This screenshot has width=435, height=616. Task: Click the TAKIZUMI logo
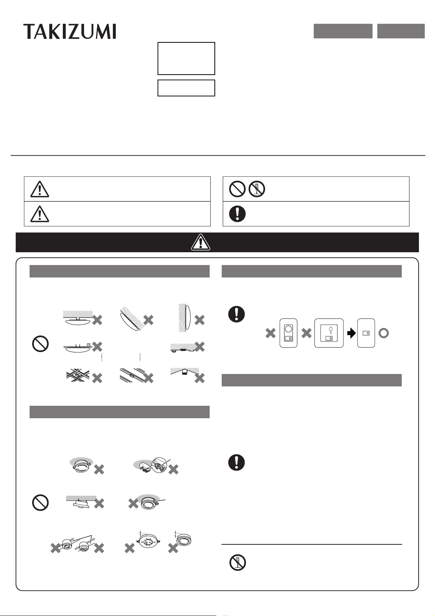(x=70, y=31)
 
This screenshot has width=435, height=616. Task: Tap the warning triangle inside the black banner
(x=201, y=242)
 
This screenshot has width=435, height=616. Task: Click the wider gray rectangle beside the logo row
(x=343, y=31)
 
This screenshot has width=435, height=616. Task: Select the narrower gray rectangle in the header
(x=401, y=31)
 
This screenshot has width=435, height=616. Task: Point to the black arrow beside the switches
(x=352, y=333)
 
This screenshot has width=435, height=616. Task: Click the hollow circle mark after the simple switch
(x=384, y=333)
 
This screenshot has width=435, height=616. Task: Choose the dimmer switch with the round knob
(x=288, y=333)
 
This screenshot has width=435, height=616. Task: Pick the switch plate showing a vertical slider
(x=329, y=333)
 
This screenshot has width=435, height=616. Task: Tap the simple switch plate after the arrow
(x=366, y=333)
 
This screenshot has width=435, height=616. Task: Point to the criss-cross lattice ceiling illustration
(x=78, y=376)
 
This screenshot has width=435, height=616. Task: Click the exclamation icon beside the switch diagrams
(x=236, y=314)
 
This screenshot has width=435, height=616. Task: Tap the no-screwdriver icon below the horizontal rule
(x=238, y=562)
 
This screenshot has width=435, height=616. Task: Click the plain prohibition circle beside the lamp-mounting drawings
(x=41, y=344)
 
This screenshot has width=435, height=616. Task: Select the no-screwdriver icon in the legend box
(x=257, y=189)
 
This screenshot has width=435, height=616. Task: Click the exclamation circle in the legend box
(x=237, y=213)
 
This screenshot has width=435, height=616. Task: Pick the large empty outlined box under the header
(x=186, y=58)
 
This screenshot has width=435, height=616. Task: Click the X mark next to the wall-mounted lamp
(x=199, y=320)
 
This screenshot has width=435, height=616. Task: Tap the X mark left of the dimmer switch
(x=270, y=333)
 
